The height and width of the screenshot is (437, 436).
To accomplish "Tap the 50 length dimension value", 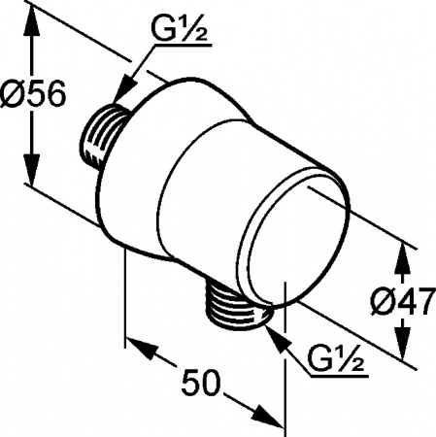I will click(201, 382).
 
